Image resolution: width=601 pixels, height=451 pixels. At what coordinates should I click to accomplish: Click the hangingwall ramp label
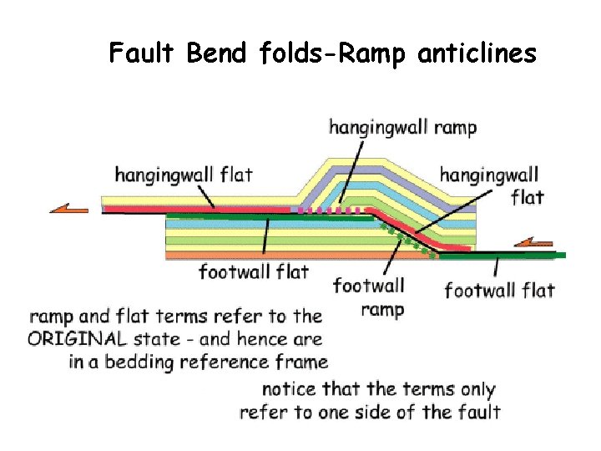(x=402, y=128)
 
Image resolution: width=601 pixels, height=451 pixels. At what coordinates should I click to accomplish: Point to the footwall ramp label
(x=369, y=297)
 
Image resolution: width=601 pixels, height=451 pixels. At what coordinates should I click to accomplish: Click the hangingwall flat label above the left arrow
(x=183, y=175)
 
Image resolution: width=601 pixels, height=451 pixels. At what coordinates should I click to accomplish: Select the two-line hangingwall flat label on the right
(x=489, y=185)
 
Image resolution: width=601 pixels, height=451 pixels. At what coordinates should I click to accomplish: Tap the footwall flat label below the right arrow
(x=499, y=291)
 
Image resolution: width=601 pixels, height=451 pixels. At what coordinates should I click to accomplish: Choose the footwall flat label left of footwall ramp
(x=253, y=271)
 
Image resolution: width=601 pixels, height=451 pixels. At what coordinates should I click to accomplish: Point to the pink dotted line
(x=330, y=210)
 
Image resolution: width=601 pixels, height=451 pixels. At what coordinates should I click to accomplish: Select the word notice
(x=289, y=389)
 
